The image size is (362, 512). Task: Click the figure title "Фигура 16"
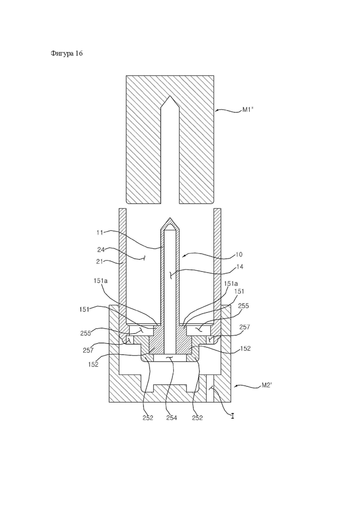66,53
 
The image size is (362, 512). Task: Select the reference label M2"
267,385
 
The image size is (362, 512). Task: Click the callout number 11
100,233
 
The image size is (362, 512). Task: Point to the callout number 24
101,250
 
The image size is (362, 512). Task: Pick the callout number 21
101,261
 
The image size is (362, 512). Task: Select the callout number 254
171,418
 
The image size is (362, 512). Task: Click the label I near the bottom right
233,416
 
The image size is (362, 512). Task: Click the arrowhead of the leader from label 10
184,256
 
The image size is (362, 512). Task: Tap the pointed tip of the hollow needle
170,217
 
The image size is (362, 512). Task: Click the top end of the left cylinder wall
123,209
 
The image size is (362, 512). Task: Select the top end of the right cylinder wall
217,209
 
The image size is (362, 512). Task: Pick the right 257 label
245,327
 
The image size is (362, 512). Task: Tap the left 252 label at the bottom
148,418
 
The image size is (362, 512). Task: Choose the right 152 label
245,349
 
